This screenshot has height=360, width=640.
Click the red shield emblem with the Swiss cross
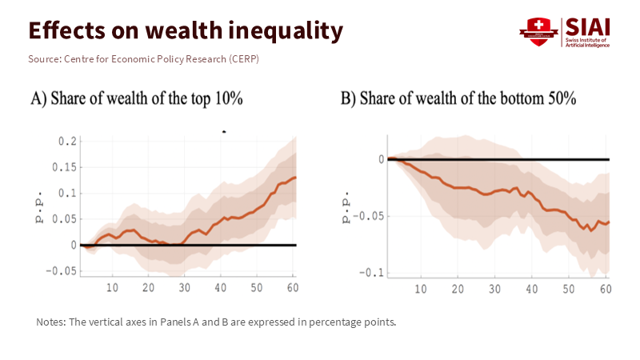(537, 30)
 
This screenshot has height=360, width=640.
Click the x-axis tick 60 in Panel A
(292, 287)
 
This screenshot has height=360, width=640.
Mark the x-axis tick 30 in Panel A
(184, 287)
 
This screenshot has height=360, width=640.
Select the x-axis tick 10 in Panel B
(421, 288)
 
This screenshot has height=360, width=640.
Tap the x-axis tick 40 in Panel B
(531, 288)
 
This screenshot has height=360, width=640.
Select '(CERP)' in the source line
(243, 59)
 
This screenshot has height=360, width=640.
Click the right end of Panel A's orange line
(295, 178)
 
